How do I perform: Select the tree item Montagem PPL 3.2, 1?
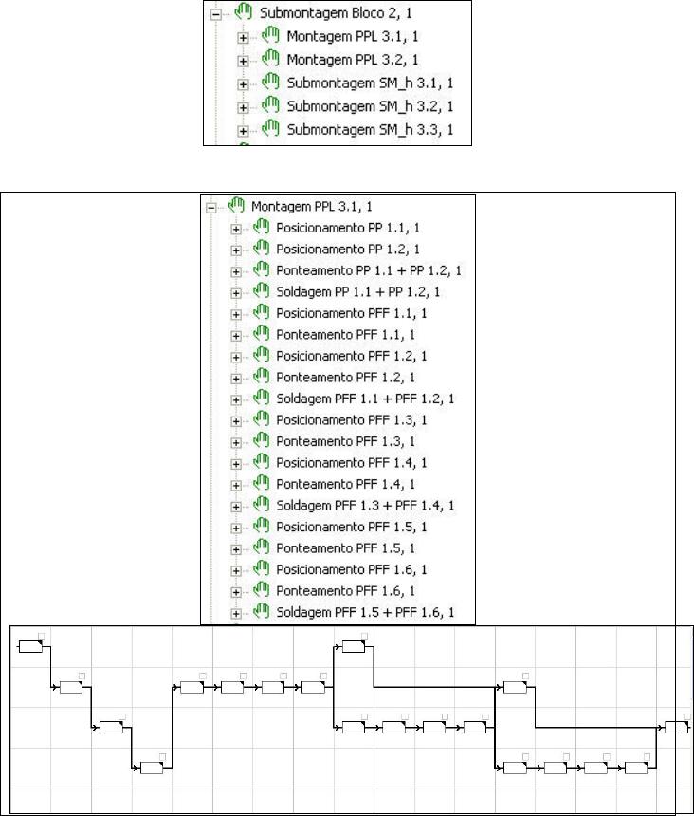click(x=340, y=60)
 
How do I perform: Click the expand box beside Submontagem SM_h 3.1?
click(x=244, y=83)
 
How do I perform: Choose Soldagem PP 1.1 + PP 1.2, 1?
click(x=358, y=292)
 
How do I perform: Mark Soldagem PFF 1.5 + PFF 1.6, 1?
click(x=365, y=612)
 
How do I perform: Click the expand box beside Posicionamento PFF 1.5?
click(x=236, y=527)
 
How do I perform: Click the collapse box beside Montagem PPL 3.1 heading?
click(x=210, y=207)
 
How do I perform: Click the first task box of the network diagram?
click(x=31, y=647)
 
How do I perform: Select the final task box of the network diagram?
click(x=676, y=727)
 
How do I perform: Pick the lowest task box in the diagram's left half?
click(x=151, y=768)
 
